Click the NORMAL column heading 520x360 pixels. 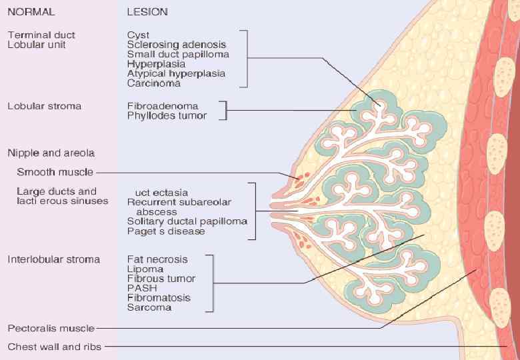point(31,12)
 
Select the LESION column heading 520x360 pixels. point(147,12)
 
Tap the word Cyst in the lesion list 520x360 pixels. point(138,35)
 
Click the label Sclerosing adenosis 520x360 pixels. point(171,45)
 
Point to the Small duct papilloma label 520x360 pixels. point(178,54)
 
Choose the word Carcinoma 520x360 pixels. point(153,83)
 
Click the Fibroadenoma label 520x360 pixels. point(163,106)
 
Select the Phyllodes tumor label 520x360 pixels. point(167,116)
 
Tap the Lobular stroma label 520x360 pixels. point(44,106)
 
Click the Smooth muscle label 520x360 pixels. point(55,172)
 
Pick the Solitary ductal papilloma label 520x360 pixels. point(187,221)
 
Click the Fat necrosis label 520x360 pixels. point(157,259)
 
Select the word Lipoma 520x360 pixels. point(143,269)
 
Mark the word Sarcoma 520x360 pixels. point(149,307)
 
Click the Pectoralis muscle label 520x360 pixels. point(51,328)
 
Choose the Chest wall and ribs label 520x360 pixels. point(55,347)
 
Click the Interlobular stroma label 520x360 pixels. point(53,259)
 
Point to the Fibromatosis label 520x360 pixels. point(159,298)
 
